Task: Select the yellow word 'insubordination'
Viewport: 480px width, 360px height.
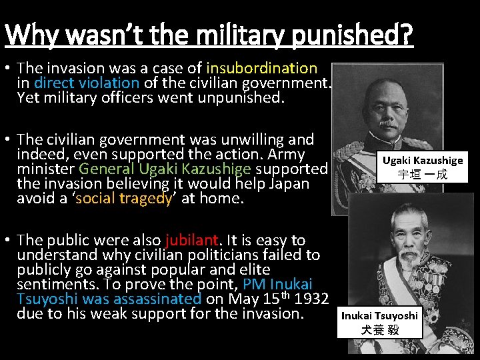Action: pyautogui.click(x=262, y=68)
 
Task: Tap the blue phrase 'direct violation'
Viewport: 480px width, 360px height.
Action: pyautogui.click(x=87, y=83)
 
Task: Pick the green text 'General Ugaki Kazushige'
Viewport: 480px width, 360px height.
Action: pyautogui.click(x=169, y=169)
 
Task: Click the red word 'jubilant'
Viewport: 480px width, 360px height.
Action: pyautogui.click(x=192, y=240)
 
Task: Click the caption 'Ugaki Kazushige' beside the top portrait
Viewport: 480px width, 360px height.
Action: pyautogui.click(x=423, y=161)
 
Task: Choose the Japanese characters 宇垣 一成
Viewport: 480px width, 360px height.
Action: pyautogui.click(x=423, y=175)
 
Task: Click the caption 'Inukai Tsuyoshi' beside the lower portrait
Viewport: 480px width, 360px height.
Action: pyautogui.click(x=379, y=315)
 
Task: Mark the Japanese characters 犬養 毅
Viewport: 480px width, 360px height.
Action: pyautogui.click(x=379, y=330)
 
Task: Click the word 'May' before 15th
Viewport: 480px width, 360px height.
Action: pyautogui.click(x=245, y=299)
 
